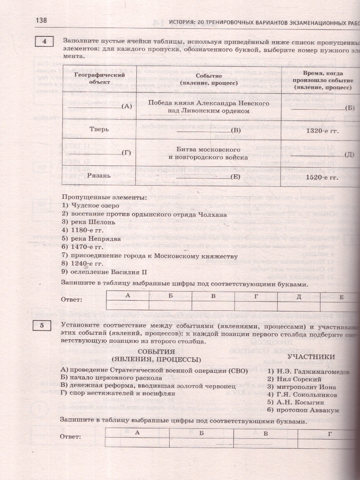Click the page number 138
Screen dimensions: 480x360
click(x=42, y=20)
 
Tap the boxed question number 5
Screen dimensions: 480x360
click(x=42, y=325)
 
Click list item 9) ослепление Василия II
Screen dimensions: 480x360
click(x=104, y=272)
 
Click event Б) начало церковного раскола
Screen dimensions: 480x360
click(x=111, y=378)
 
